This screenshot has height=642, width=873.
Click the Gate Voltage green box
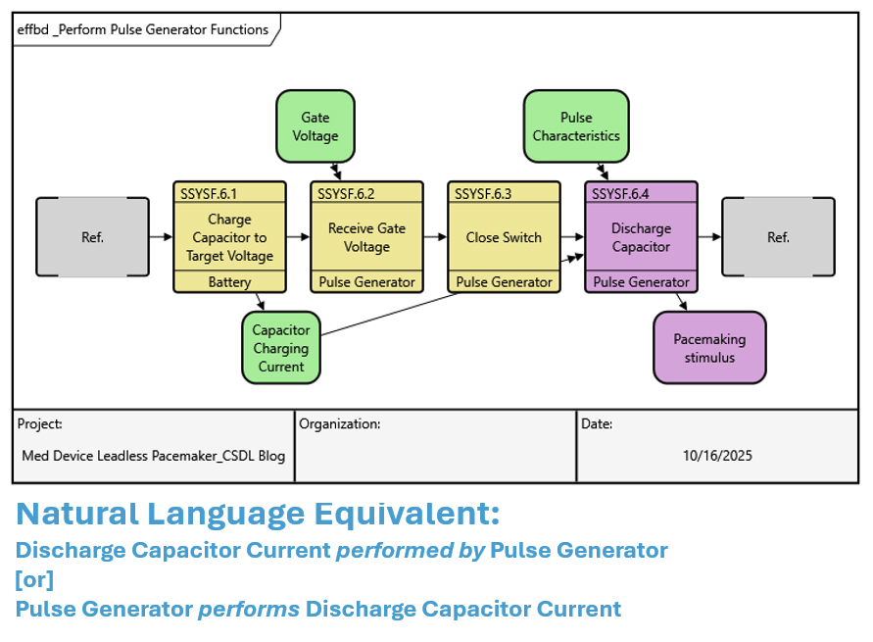click(x=315, y=126)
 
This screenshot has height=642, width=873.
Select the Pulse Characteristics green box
click(x=576, y=126)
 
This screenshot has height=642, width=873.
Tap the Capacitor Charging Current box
click(x=281, y=348)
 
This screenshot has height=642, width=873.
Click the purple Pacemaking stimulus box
click(x=709, y=348)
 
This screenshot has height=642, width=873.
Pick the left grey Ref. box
click(x=92, y=237)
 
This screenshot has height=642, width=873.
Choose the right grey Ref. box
click(x=778, y=237)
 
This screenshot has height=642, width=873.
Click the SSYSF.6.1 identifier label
click(x=209, y=193)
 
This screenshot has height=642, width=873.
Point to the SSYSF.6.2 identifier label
click(x=346, y=193)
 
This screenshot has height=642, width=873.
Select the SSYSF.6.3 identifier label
click(x=483, y=193)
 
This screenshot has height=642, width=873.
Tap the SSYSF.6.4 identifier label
click(x=620, y=193)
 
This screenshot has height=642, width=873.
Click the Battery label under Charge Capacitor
click(x=229, y=282)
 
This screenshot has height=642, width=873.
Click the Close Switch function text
click(x=504, y=237)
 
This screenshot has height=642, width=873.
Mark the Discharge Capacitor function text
click(x=641, y=237)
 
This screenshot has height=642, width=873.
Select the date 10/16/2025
click(x=717, y=456)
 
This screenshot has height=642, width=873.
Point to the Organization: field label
click(x=339, y=424)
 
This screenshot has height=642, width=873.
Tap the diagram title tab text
click(x=143, y=29)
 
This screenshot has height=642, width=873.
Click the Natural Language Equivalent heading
click(x=258, y=513)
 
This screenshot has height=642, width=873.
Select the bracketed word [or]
click(x=34, y=579)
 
